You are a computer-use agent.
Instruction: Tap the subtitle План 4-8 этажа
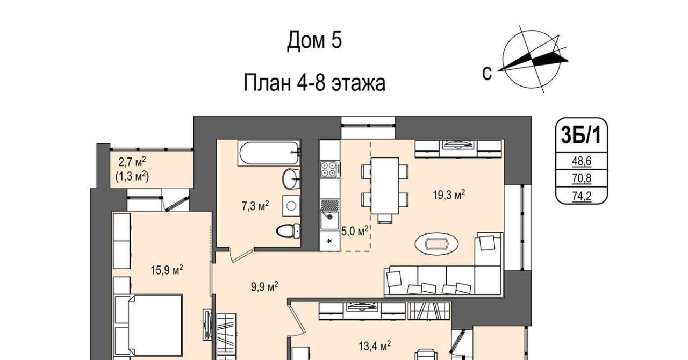[314, 83]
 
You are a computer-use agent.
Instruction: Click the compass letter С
[487, 74]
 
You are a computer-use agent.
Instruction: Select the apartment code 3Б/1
[581, 135]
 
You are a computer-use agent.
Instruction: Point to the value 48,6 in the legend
[582, 161]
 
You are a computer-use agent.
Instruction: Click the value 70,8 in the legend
[582, 178]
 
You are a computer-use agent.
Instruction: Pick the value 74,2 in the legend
[582, 196]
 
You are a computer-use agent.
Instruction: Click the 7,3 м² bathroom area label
[255, 206]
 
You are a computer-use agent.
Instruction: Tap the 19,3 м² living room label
[449, 194]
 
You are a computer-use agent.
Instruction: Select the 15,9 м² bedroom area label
[167, 270]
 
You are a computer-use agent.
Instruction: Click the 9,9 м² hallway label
[264, 286]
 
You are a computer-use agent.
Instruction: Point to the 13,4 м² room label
[375, 346]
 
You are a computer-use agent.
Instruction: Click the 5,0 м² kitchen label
[355, 231]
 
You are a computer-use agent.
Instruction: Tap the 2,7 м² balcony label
[132, 161]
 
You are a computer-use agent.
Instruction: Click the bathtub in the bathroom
[269, 153]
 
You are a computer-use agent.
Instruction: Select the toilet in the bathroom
[288, 231]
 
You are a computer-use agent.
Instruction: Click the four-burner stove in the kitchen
[330, 169]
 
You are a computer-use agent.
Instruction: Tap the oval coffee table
[437, 244]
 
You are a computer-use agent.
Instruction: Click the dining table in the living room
[385, 186]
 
